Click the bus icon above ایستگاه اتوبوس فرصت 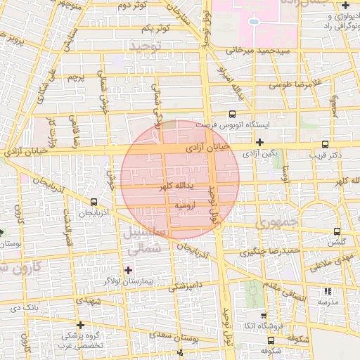pyautogui.click(x=233, y=114)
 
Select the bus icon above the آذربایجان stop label pyautogui.click(x=93, y=202)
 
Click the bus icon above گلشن pyautogui.click(x=337, y=231)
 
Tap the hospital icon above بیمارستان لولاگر pyautogui.click(x=128, y=269)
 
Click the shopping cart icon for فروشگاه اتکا pyautogui.click(x=264, y=316)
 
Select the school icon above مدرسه pyautogui.click(x=327, y=291)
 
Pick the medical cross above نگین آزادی pyautogui.click(x=259, y=142)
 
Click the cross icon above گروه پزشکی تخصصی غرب pyautogui.click(x=82, y=325)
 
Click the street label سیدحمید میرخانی pyautogui.click(x=253, y=51)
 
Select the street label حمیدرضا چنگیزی pyautogui.click(x=271, y=250)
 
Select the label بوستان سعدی pyautogui.click(x=202, y=339)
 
